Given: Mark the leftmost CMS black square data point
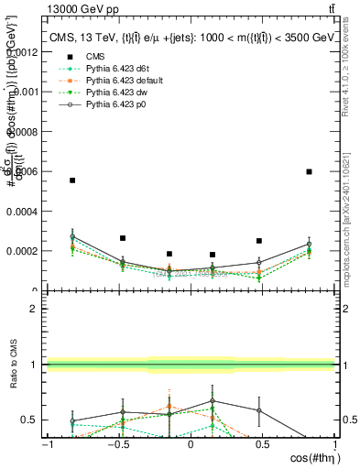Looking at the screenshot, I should coord(72,180).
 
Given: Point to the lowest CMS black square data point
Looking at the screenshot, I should coord(213,255).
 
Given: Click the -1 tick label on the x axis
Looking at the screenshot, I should coord(47,444).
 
